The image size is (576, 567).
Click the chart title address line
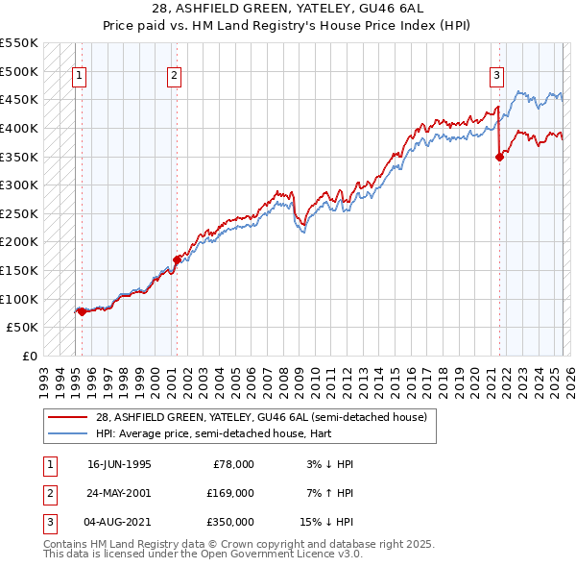click(x=287, y=8)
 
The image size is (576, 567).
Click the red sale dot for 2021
click(x=499, y=157)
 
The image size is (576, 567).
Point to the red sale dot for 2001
click(x=178, y=259)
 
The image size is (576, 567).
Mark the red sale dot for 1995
click(x=82, y=310)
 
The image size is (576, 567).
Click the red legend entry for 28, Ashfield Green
click(x=253, y=417)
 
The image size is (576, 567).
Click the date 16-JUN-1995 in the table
click(x=119, y=463)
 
